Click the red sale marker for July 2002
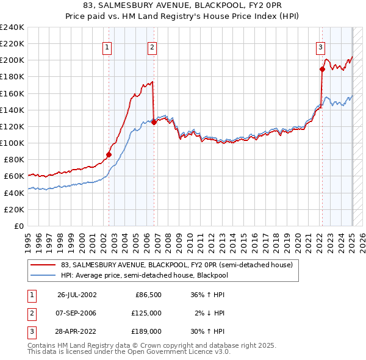(x=109, y=154)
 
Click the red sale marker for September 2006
(x=154, y=122)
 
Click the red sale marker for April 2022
(x=322, y=70)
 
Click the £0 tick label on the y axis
(x=18, y=226)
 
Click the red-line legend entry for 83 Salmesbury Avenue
(x=177, y=265)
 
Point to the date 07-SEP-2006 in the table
(x=77, y=313)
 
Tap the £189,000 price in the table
(x=147, y=332)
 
